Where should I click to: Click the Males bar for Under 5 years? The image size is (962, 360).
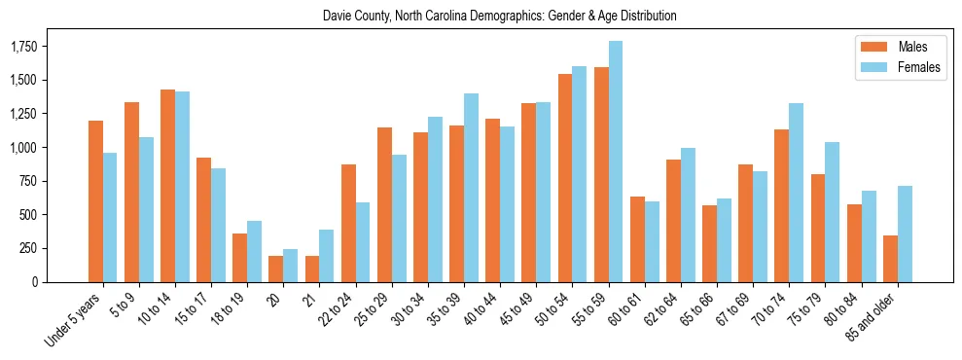coord(95,201)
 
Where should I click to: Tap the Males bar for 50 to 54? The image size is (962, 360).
coord(565,178)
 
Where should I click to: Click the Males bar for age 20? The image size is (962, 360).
coord(276,269)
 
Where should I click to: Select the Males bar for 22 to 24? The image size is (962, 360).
coord(348,223)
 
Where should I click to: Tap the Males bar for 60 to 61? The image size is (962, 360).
coord(637,239)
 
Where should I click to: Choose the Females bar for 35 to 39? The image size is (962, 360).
coord(471,188)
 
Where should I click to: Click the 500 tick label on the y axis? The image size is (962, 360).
coord(28,214)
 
